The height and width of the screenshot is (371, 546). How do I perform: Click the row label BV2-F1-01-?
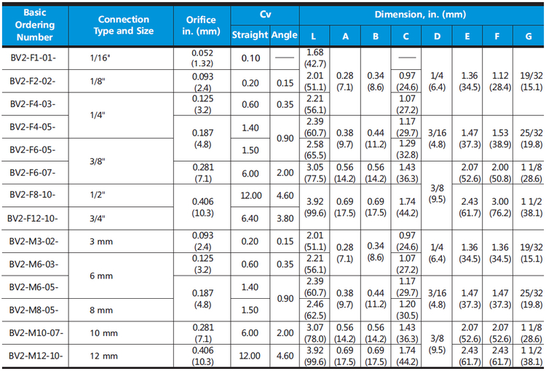33,58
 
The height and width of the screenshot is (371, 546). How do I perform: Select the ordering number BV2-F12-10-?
33,218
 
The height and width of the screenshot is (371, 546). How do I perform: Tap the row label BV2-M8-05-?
33,310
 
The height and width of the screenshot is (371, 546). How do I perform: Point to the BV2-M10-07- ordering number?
36,333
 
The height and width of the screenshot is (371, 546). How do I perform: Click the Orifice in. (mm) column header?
201,26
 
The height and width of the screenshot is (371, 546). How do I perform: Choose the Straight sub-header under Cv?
250,35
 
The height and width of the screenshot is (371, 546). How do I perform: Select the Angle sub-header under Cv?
285,35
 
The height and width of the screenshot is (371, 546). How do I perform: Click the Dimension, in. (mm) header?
420,15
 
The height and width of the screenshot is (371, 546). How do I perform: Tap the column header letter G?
529,36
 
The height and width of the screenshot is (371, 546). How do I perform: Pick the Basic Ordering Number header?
35,25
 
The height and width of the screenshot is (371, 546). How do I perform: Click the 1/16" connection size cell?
100,58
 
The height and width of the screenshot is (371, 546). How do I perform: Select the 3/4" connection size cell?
98,218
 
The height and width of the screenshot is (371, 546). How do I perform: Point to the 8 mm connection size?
101,310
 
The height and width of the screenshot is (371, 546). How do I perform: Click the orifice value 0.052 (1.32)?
202,58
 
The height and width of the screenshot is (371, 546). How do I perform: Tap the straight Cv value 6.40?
250,218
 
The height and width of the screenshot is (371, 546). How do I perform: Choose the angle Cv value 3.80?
285,218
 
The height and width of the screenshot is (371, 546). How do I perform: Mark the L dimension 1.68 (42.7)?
315,58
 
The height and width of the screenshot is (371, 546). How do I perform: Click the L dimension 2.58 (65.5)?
315,149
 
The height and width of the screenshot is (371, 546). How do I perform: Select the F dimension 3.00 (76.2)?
500,207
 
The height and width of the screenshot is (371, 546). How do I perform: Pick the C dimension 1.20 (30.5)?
407,310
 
